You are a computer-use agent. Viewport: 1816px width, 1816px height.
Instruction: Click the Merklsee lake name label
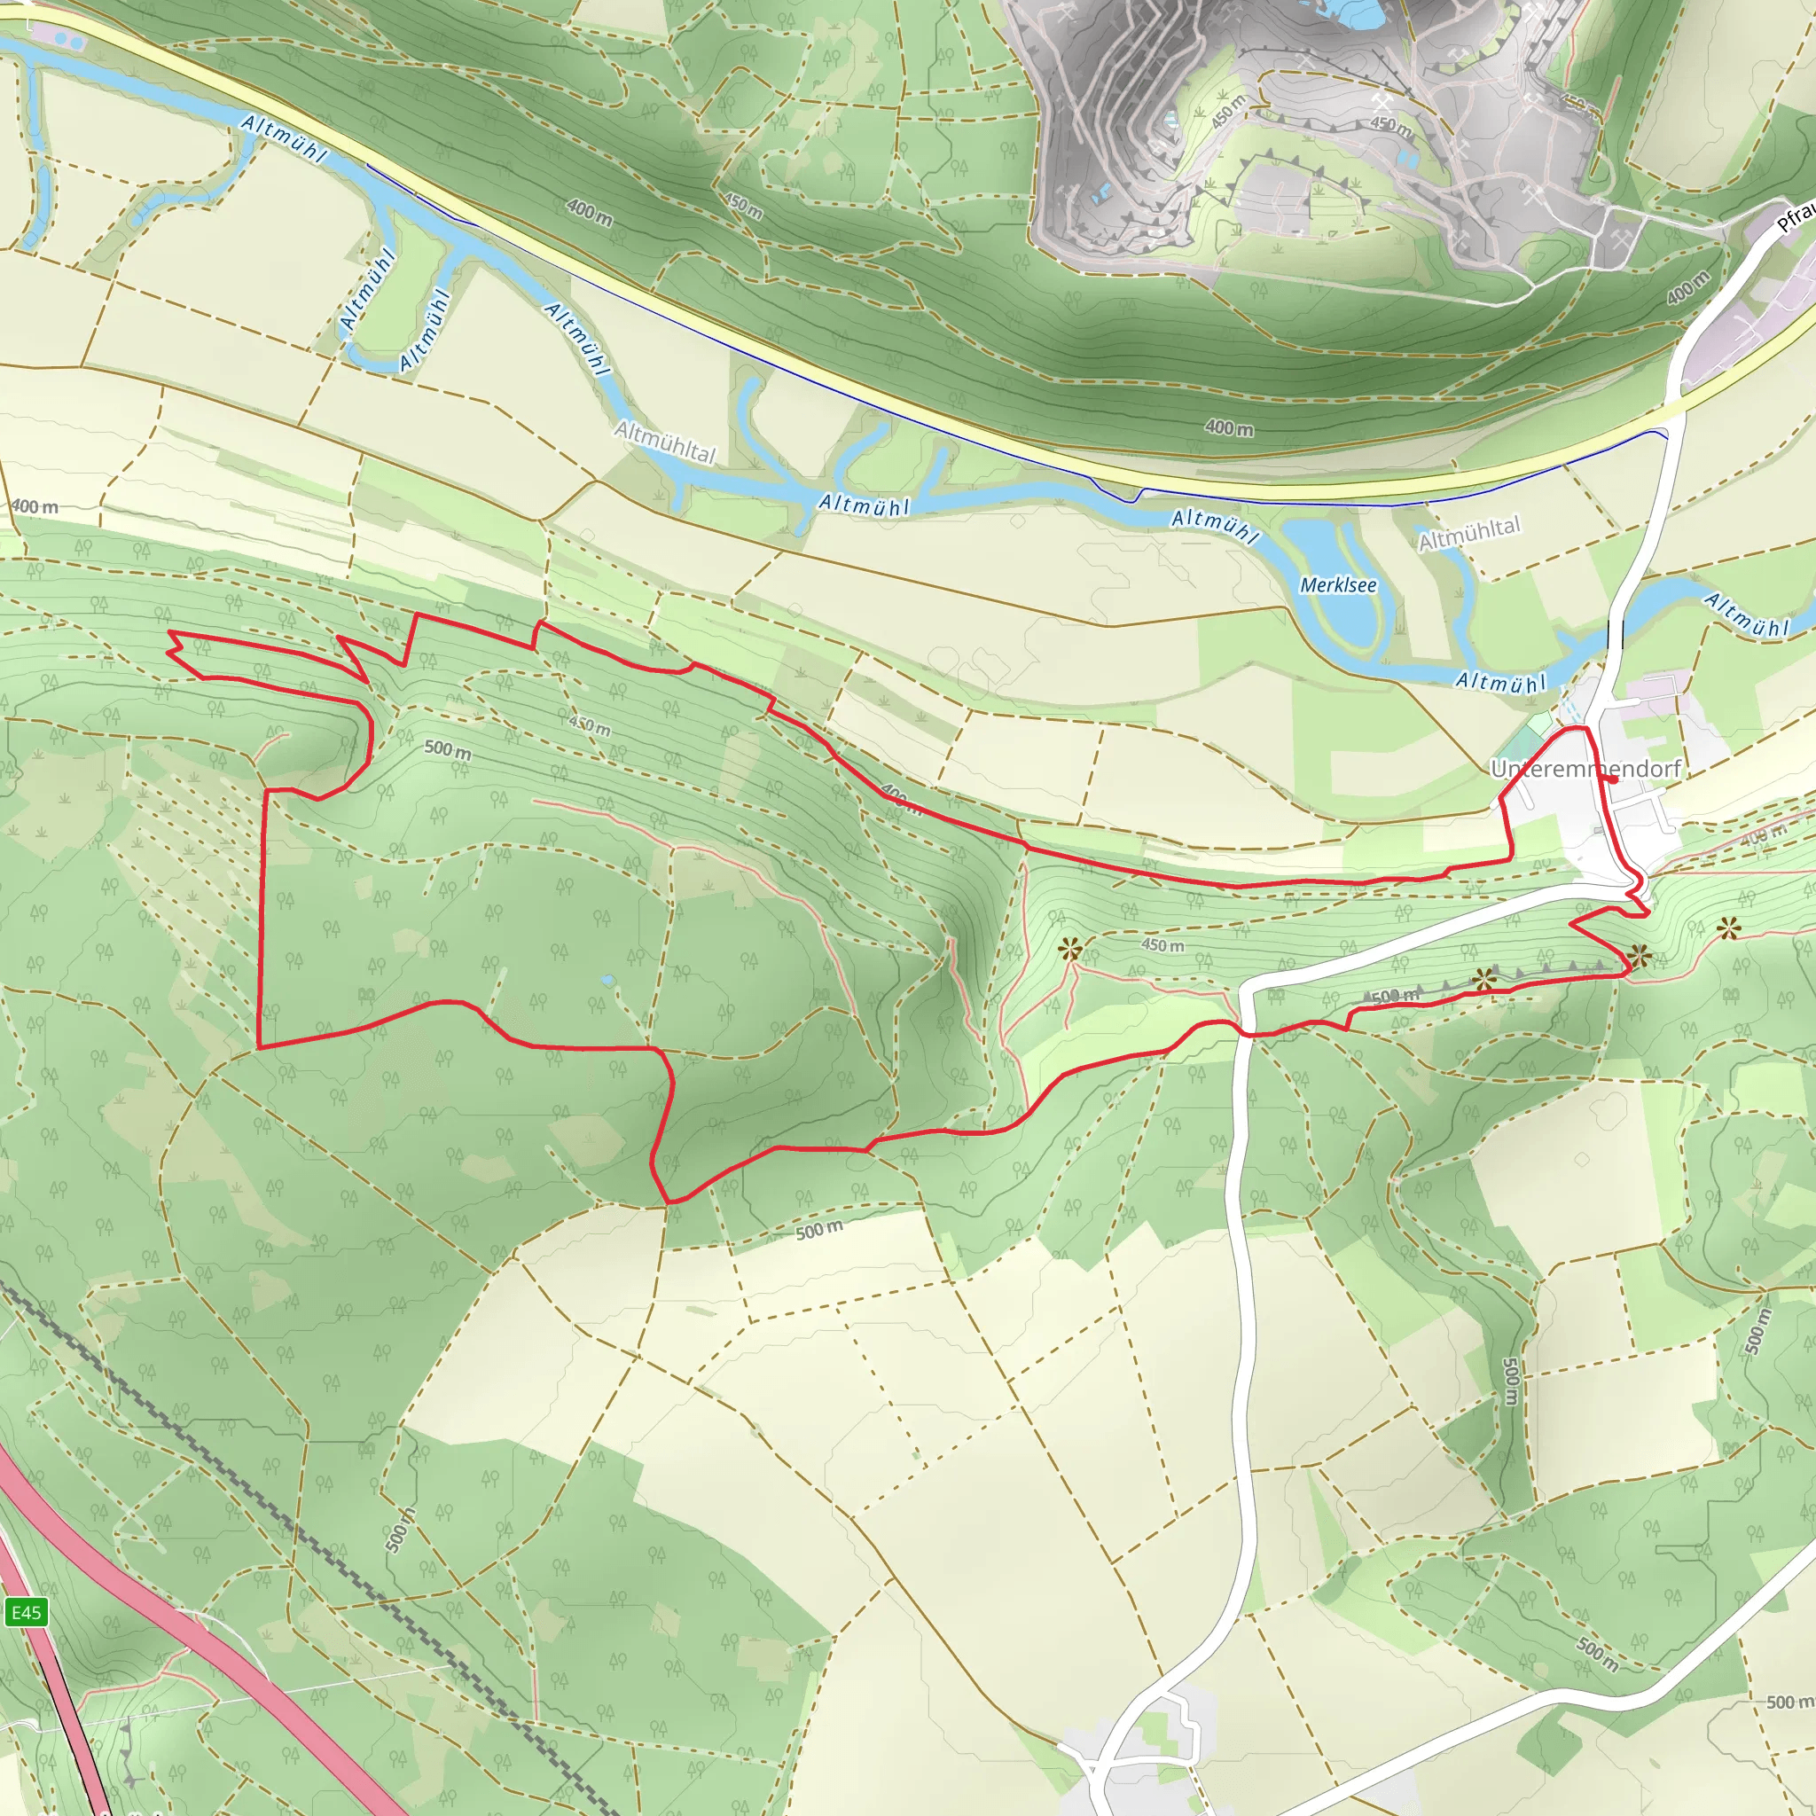point(1337,585)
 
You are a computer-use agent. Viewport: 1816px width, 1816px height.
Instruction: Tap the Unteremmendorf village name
point(1585,769)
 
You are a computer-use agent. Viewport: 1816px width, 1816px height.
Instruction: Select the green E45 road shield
point(26,1613)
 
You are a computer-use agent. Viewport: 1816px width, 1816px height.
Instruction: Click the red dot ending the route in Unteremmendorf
point(1613,779)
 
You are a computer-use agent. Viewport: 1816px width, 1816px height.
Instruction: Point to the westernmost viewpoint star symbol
point(1069,950)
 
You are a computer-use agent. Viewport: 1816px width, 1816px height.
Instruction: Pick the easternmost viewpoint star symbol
point(1728,929)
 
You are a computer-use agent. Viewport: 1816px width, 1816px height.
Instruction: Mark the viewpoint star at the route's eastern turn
point(1640,957)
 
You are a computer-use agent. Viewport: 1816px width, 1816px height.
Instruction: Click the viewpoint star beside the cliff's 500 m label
point(1484,981)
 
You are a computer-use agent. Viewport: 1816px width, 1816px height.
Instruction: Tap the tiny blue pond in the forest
point(608,981)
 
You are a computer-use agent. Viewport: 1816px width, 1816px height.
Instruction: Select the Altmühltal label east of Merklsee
point(1468,534)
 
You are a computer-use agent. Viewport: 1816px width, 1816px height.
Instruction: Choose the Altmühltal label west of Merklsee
point(664,442)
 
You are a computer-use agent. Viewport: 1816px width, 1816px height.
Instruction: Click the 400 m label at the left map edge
point(35,507)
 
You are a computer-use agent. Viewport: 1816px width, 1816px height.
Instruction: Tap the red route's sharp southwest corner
point(260,1046)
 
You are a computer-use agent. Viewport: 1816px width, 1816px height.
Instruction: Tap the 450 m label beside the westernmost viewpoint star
point(1162,944)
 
